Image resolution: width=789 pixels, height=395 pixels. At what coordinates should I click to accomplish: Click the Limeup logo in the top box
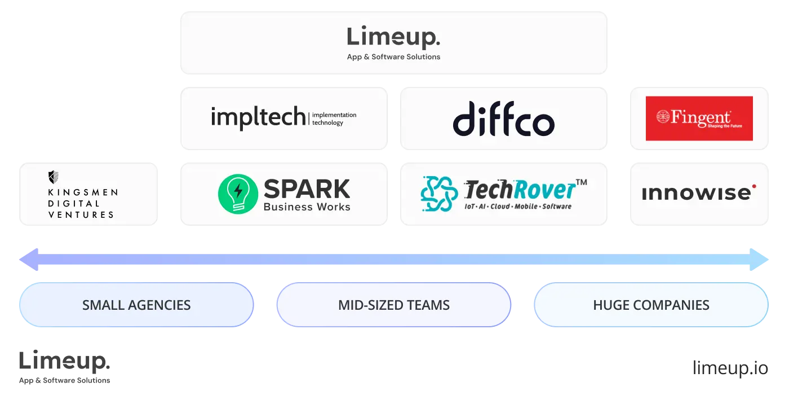click(x=393, y=37)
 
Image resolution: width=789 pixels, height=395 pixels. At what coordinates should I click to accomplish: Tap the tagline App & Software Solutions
click(x=393, y=57)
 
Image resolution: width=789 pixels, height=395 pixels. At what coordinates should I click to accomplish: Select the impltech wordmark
click(x=259, y=117)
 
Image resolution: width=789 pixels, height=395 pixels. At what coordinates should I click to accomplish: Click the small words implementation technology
click(x=334, y=118)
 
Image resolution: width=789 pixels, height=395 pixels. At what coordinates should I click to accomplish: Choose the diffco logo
click(x=503, y=118)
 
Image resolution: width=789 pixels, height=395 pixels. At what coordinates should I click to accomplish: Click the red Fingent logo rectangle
click(x=699, y=118)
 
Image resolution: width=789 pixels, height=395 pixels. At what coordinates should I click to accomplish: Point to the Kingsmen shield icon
click(x=54, y=177)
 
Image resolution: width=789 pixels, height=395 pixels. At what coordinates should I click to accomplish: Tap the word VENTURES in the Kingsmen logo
click(x=81, y=214)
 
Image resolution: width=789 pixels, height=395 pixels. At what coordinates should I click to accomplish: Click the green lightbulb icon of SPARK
click(x=238, y=194)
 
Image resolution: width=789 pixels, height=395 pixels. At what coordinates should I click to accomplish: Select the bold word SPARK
click(x=307, y=188)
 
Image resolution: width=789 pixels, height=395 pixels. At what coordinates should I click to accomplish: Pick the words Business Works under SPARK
click(x=307, y=207)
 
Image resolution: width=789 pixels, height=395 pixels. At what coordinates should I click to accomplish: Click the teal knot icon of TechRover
click(x=438, y=194)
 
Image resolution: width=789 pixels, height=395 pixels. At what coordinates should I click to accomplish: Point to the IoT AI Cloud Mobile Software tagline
click(x=517, y=207)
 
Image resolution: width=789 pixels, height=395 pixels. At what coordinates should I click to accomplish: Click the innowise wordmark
click(x=696, y=194)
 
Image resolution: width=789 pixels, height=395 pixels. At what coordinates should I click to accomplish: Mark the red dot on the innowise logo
click(x=754, y=186)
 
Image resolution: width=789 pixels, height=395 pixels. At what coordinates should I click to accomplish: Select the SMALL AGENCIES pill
click(x=136, y=305)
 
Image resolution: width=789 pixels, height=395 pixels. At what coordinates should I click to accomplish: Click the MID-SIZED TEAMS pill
click(x=394, y=305)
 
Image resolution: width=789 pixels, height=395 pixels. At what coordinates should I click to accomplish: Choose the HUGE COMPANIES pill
click(x=651, y=305)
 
